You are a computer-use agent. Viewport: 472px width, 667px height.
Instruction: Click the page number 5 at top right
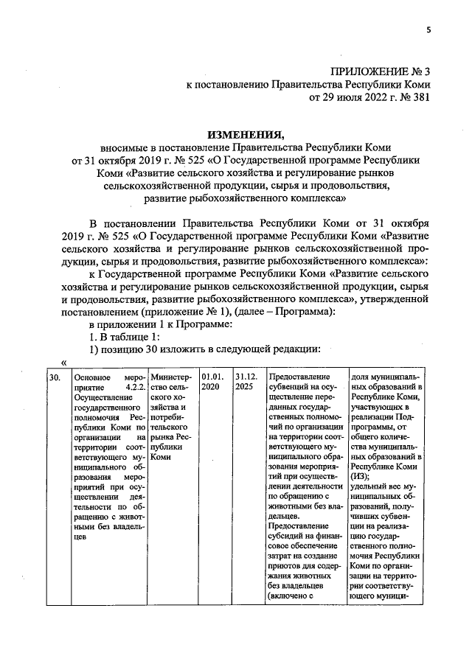click(428, 30)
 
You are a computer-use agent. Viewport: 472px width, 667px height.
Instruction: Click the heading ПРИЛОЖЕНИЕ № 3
click(381, 71)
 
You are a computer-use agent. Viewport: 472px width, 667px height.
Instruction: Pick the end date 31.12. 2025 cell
click(243, 382)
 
